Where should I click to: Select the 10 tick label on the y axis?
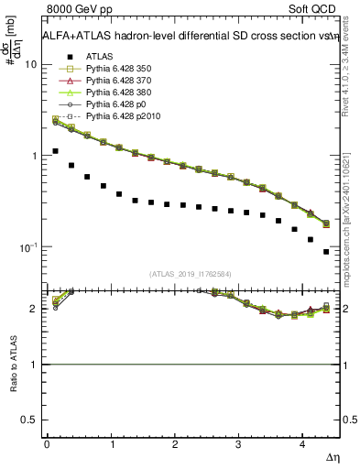click(x=30, y=65)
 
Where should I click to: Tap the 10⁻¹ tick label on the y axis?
click(x=27, y=248)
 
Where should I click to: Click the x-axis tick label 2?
click(x=175, y=444)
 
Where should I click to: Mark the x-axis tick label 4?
click(x=302, y=444)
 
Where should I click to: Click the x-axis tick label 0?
click(x=47, y=444)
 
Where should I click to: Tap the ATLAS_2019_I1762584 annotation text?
click(x=191, y=273)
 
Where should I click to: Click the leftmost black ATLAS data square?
click(x=55, y=151)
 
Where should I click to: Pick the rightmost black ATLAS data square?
click(x=326, y=252)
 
